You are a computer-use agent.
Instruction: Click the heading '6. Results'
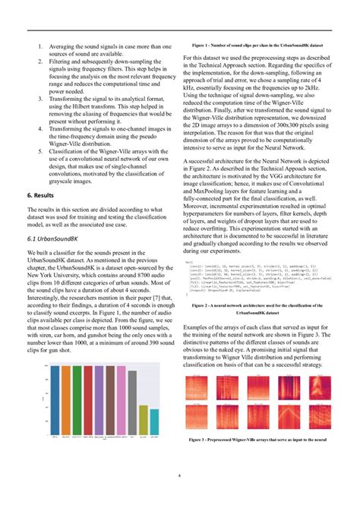pos(44,196)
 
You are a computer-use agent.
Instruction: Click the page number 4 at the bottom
pos(178,476)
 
